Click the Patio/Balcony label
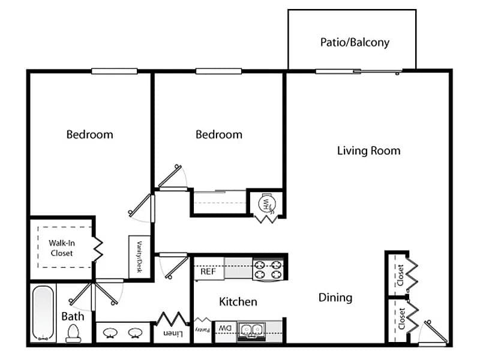pos(355,43)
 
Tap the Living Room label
pos(369,151)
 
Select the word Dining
pos(335,298)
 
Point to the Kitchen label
pos(238,302)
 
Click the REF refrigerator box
pos(209,269)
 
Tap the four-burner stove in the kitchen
pos(268,269)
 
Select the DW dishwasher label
pos(226,328)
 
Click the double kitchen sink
pos(251,331)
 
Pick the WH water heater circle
pos(267,203)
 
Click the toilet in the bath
pos(73,334)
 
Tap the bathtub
pos(43,313)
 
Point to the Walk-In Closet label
pos(62,248)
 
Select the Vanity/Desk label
pos(139,257)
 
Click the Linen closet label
pos(173,334)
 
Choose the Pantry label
pos(203,330)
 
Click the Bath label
pos(73,317)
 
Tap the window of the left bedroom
pos(114,71)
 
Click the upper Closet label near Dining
pos(400,275)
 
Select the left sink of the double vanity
pos(110,333)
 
